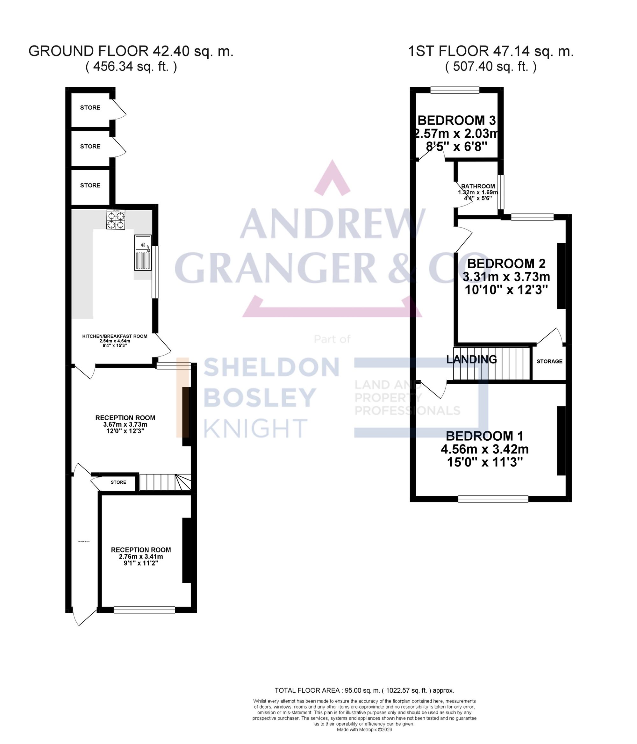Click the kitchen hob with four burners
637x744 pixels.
[116, 220]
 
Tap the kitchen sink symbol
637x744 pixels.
[143, 252]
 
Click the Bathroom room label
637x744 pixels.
[478, 186]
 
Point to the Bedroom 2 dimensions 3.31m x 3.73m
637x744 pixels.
[506, 277]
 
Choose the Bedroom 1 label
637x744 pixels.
[484, 436]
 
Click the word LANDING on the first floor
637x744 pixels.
[471, 359]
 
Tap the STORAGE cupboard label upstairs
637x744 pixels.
[549, 361]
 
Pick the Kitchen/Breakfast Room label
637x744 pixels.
[115, 336]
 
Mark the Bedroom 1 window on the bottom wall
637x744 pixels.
[493, 499]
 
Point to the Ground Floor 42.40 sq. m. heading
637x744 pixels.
[131, 51]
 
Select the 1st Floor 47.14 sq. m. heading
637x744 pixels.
[490, 51]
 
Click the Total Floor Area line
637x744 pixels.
[364, 690]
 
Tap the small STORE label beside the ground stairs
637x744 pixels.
[118, 482]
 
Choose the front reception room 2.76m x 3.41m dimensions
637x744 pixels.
[141, 557]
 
